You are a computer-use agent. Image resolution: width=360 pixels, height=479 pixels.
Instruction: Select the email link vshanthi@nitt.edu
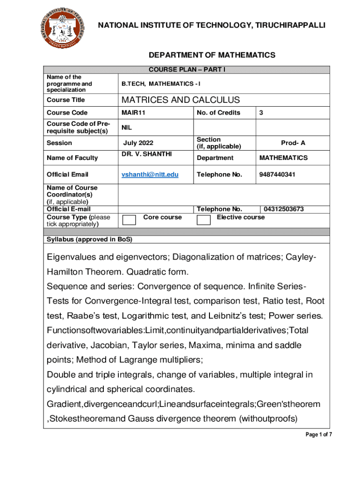click(150, 174)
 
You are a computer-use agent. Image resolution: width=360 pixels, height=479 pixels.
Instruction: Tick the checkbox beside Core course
click(129, 220)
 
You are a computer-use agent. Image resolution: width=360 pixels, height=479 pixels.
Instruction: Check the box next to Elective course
click(203, 220)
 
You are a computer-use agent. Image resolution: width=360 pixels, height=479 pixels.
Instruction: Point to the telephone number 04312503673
click(284, 209)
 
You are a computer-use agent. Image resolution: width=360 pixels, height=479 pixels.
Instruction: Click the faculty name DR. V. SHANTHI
click(147, 154)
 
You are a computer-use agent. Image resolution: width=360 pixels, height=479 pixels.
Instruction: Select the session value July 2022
click(138, 143)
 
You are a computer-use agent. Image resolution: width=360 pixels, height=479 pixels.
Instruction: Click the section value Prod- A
click(293, 143)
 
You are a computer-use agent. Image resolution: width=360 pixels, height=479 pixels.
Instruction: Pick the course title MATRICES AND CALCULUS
click(180, 100)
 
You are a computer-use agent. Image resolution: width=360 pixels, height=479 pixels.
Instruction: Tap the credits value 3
click(261, 113)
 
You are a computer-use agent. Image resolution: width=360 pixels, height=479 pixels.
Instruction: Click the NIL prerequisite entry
click(127, 127)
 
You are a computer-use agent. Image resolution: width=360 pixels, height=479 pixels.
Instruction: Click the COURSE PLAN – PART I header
click(187, 70)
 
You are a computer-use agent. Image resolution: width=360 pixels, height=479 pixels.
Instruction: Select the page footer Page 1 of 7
click(319, 435)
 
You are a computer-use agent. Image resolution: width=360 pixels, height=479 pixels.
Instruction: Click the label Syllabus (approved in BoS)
click(89, 239)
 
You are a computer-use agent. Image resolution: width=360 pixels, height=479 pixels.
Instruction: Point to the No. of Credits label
click(218, 113)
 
